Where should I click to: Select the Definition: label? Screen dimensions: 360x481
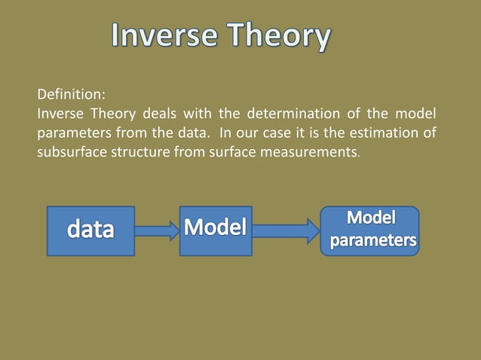72,96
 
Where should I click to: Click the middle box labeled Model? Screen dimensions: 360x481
216,228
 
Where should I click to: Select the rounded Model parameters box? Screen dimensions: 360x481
370,230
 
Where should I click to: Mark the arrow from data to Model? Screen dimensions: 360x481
156,230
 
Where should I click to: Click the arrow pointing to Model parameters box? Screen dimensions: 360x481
286,230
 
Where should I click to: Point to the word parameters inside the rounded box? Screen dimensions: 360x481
372,242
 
